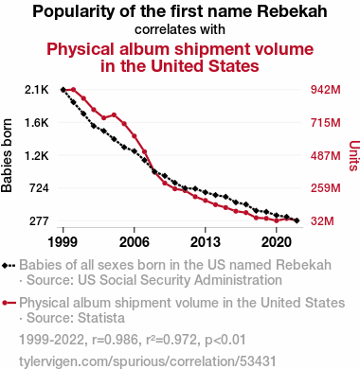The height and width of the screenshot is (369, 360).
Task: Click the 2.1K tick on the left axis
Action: coord(37,90)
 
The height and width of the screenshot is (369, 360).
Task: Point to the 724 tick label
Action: coord(39,188)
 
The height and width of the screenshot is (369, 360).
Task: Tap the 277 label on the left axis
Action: coord(39,221)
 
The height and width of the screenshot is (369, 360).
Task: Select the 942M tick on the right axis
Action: coord(326,90)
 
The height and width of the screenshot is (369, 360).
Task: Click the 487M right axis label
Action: coord(326,155)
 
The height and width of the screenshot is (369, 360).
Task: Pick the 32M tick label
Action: coord(322,221)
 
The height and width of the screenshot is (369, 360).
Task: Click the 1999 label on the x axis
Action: coord(63,242)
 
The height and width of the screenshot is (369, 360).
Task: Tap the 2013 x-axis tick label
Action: coord(206,242)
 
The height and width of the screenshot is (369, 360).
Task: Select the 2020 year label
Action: coord(277,242)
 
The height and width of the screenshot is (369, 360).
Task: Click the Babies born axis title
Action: coord(7,155)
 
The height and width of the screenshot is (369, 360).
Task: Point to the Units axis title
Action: coord(354,155)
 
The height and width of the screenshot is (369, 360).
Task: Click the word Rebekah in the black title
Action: coord(292,11)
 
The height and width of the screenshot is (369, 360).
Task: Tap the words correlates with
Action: coord(180,29)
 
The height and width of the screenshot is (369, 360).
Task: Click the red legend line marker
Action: coord(9,303)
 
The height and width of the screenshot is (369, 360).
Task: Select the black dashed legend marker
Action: coord(9,265)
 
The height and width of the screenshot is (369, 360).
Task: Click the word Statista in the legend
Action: coord(101,318)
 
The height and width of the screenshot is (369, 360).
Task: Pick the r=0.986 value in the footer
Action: coord(115,340)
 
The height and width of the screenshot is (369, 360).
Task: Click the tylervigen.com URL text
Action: coord(148,361)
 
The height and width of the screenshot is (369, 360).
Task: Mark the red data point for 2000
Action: coord(74,90)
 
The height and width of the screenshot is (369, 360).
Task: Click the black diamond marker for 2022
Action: coord(297,220)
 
